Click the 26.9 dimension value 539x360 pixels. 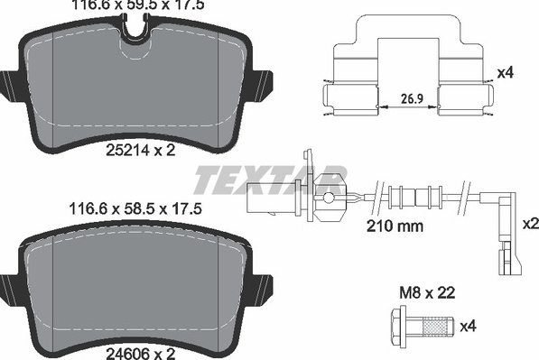(412, 99)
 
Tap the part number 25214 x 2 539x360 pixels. (141, 150)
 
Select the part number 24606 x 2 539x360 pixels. (141, 353)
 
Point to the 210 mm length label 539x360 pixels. (395, 226)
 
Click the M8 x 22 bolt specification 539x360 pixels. (427, 292)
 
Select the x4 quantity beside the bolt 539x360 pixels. (469, 326)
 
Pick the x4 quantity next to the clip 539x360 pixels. (506, 72)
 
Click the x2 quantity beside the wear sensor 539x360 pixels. (530, 224)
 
